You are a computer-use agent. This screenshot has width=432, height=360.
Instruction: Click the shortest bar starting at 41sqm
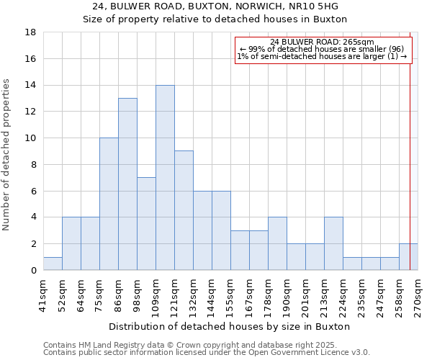(53, 264)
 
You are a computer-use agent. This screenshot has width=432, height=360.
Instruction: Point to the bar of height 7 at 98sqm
(146, 224)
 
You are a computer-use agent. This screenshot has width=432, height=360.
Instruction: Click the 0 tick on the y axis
(33, 270)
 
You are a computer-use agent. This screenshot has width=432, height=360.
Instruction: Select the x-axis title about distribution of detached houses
(230, 326)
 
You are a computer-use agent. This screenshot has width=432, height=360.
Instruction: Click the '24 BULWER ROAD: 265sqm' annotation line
(323, 42)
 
